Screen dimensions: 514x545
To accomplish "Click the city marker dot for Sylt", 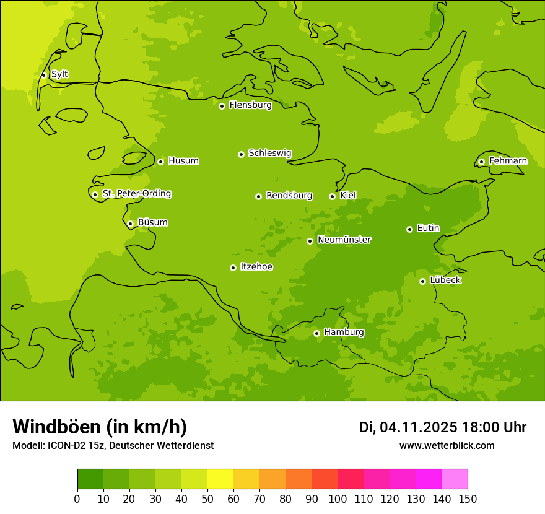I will point(43,75).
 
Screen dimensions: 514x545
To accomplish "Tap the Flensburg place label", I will point(250,105).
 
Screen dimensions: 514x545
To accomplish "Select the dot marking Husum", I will point(160,162).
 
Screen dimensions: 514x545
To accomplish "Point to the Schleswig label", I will point(269,153).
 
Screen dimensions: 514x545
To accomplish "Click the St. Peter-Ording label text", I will point(136,194).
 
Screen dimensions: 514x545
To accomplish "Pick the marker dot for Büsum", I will point(130,224).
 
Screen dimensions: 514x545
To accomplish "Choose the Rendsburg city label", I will point(289,196).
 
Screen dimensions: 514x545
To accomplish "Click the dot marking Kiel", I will point(332,196).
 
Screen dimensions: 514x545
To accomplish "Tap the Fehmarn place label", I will point(508,161).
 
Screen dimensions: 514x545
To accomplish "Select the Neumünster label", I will point(344,240).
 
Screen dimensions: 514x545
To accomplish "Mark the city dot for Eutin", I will point(409,229).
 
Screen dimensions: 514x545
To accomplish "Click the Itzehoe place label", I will point(256,267).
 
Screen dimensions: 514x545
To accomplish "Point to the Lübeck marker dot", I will point(422,281).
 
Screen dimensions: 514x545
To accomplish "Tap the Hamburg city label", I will point(344,333).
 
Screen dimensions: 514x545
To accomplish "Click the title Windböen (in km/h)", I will point(100,427).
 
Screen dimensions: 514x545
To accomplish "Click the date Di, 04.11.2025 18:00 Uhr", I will point(443,427).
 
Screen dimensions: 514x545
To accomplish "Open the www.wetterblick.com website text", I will point(447,446).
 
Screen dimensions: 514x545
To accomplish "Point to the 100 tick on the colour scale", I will point(338,499).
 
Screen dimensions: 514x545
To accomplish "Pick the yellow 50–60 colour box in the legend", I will point(220,479).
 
